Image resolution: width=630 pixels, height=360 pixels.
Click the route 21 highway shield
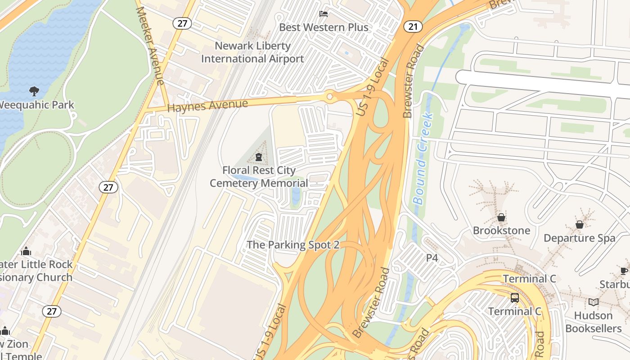(413, 27)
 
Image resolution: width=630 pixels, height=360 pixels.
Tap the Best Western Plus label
(324, 27)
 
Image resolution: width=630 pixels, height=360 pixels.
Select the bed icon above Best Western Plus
(324, 14)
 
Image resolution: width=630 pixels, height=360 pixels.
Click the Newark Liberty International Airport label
(252, 52)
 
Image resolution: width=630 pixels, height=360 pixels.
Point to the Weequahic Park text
(36, 105)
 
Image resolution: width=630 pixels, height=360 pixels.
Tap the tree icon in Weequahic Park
(34, 91)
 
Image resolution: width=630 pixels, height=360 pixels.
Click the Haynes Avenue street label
(207, 106)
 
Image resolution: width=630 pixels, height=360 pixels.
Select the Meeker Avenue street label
(150, 45)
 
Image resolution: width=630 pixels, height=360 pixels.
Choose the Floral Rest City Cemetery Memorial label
(259, 177)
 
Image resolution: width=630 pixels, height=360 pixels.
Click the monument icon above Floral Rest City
(259, 157)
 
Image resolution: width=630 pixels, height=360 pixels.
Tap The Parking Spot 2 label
(293, 245)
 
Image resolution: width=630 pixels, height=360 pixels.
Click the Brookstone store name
(501, 231)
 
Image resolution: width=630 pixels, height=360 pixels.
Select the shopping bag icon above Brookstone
(501, 218)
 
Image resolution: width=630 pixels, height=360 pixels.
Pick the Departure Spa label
(579, 238)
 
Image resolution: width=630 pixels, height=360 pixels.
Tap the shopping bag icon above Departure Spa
(579, 225)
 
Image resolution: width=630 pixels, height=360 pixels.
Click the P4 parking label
(432, 258)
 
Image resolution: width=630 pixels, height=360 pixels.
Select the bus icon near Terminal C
(515, 297)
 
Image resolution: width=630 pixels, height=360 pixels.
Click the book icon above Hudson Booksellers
(594, 302)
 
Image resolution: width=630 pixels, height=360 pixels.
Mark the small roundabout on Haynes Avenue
(330, 96)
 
